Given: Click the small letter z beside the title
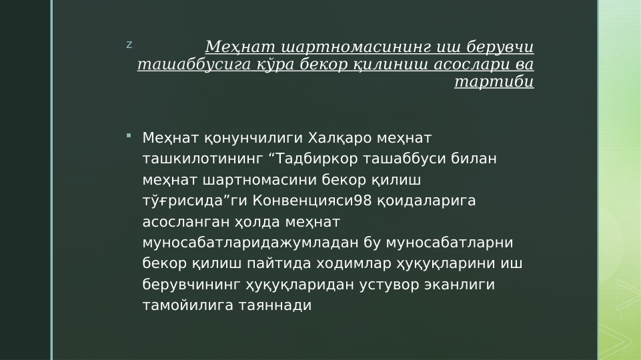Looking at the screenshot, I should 129,45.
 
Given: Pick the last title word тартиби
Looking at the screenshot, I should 494,82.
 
